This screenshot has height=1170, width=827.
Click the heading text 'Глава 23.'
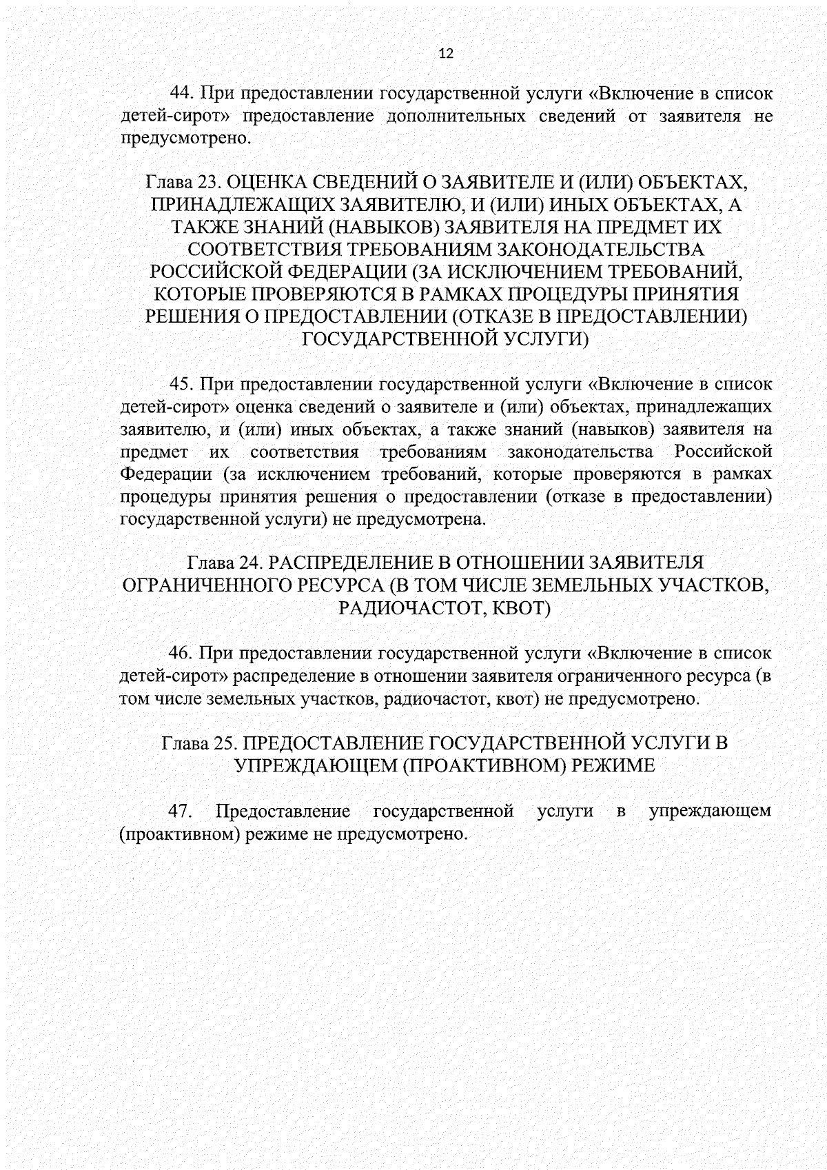[x=182, y=182]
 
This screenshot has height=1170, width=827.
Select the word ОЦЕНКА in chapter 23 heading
[x=262, y=182]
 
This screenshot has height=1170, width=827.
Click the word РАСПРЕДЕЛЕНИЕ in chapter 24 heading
[x=355, y=563]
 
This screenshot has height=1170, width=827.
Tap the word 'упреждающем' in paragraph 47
[x=710, y=811]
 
